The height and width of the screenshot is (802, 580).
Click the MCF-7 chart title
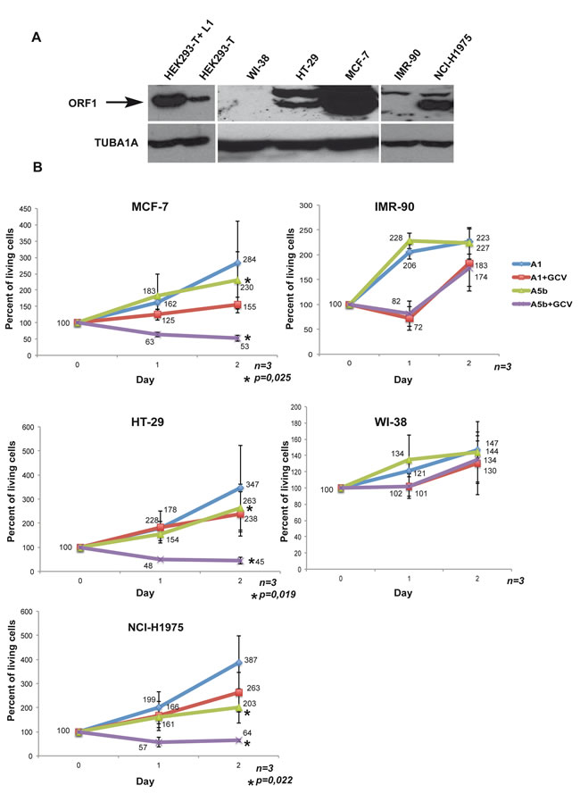150,206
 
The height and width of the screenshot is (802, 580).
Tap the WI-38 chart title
391,422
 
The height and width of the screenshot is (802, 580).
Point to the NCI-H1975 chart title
155,627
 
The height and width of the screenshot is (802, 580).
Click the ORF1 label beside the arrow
82,104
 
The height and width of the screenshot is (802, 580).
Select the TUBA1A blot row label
116,143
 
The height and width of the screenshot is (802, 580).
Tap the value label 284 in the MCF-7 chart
249,259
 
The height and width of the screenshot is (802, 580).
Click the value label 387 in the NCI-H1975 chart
251,660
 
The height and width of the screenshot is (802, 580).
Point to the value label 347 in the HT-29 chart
253,484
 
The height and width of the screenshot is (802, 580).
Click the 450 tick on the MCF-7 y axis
25,209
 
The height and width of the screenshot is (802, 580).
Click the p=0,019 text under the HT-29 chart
278,594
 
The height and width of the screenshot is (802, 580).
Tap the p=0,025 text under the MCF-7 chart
273,379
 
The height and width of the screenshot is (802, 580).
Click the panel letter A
37,38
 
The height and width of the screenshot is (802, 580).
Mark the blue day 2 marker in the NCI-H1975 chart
238,663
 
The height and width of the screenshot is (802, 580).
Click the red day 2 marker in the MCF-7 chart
237,305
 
